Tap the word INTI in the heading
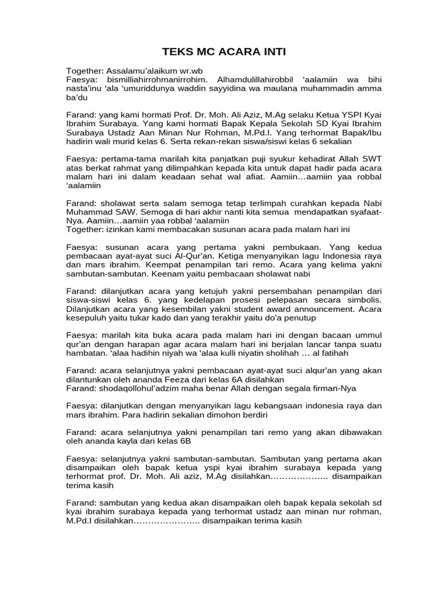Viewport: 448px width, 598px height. click(272, 52)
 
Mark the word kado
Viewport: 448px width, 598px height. click(150, 318)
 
